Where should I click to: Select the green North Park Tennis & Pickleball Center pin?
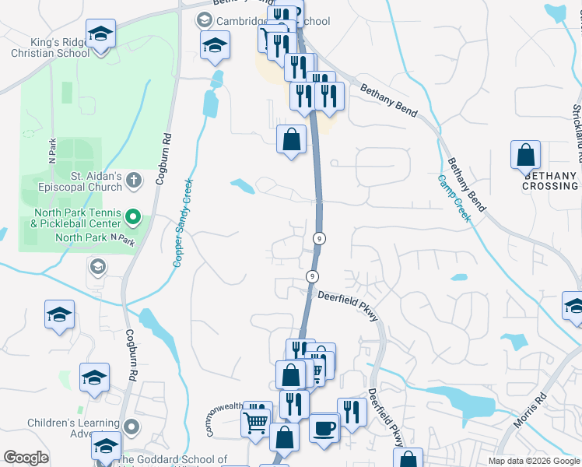(133, 216)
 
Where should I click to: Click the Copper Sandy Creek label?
(182, 223)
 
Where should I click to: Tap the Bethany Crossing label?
(549, 181)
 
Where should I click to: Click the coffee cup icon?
(323, 427)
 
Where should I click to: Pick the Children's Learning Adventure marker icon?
(131, 427)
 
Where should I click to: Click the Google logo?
(26, 458)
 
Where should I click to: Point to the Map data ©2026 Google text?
(533, 461)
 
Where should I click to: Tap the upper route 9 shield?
(319, 237)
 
